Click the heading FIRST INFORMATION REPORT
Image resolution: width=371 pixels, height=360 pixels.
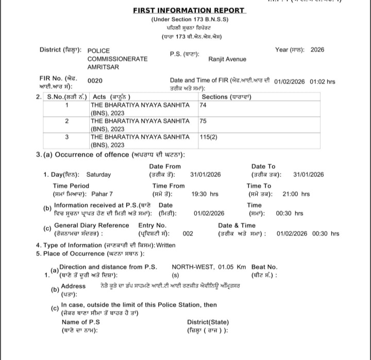tap(189, 10)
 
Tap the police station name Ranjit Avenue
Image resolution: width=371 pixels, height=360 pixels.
tap(227, 59)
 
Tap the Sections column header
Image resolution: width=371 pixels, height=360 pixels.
tap(226, 97)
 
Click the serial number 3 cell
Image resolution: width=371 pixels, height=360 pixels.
tap(67, 138)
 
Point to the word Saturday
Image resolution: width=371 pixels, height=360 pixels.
tap(98, 175)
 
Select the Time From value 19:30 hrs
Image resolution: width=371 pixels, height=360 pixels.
tap(205, 194)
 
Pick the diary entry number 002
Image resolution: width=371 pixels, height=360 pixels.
tap(188, 233)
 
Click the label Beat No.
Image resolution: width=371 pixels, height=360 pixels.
tap(264, 267)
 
